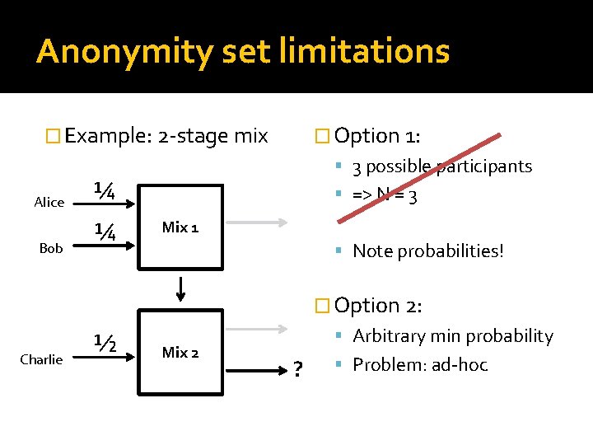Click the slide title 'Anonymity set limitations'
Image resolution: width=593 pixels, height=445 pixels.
click(243, 51)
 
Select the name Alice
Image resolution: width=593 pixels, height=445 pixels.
click(49, 202)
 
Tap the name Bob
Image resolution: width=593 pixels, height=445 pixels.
click(51, 247)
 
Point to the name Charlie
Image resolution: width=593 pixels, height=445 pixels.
click(41, 359)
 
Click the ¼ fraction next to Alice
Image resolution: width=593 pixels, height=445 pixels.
click(104, 190)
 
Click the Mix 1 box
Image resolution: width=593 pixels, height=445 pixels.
click(180, 227)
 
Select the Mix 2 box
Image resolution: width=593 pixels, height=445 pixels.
click(180, 352)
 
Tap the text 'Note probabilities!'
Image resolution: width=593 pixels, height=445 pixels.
click(427, 251)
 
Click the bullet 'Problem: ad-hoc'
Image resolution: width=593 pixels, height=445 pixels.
click(419, 364)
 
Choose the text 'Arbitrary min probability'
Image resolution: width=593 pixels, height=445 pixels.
click(452, 336)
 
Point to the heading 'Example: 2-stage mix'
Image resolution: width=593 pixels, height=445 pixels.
click(166, 136)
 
